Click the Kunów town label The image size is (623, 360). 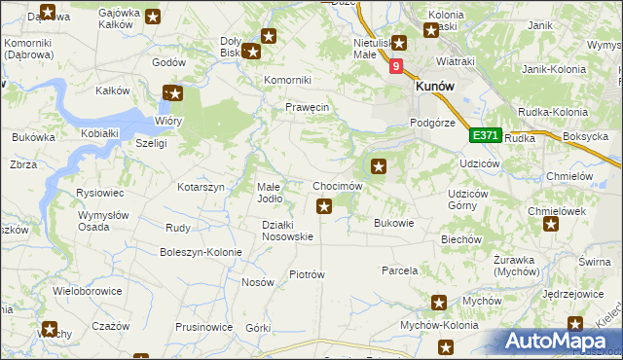pos(434,86)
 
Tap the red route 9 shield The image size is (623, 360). pos(396,66)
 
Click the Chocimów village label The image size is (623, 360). pos(338,186)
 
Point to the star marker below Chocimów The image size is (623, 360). pos(325,205)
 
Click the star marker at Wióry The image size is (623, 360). pos(173,94)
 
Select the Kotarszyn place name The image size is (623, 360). pos(202,186)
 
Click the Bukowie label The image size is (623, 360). pos(394,223)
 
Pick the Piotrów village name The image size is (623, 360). pos(307,274)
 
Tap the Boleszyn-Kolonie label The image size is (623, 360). pos(201,252)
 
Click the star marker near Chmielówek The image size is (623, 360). pos(552,225)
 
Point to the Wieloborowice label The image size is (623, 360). pos(88,290)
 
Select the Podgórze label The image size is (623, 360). pos(432,123)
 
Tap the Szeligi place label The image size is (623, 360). pos(152,143)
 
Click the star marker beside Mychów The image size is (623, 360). pos(439,303)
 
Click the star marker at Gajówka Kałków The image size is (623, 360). pos(154,16)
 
